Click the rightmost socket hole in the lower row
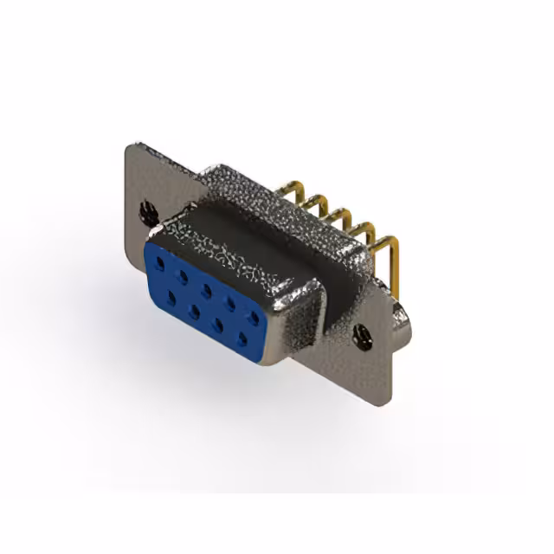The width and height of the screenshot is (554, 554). pos(244,337)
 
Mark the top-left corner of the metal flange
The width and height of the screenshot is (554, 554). pos(129,147)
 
